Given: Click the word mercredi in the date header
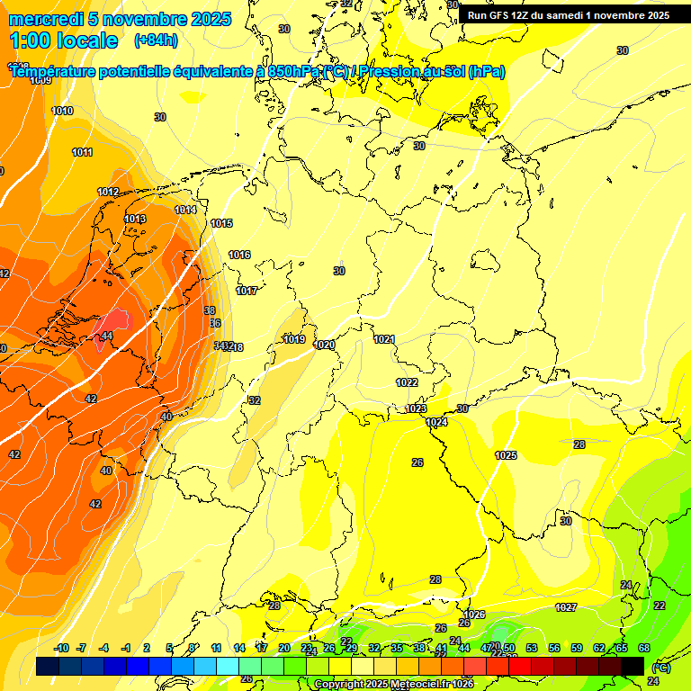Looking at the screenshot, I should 46,19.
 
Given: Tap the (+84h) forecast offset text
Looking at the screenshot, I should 156,40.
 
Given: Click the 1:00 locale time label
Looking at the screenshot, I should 63,40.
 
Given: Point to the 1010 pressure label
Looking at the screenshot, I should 62,111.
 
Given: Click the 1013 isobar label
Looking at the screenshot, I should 135,219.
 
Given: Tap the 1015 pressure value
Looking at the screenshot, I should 221,223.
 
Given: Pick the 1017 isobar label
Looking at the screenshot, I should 247,291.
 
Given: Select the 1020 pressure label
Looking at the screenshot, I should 324,345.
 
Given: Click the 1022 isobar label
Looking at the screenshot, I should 407,382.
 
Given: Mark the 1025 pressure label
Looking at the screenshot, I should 506,455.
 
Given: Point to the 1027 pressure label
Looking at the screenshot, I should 566,608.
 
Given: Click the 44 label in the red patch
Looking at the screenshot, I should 107,336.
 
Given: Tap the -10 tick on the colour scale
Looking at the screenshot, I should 61,648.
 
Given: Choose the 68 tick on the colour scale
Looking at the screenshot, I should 644,648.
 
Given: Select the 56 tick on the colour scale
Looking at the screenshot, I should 554,648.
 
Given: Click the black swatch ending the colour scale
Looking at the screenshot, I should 633,666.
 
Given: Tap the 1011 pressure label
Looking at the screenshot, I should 82,152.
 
